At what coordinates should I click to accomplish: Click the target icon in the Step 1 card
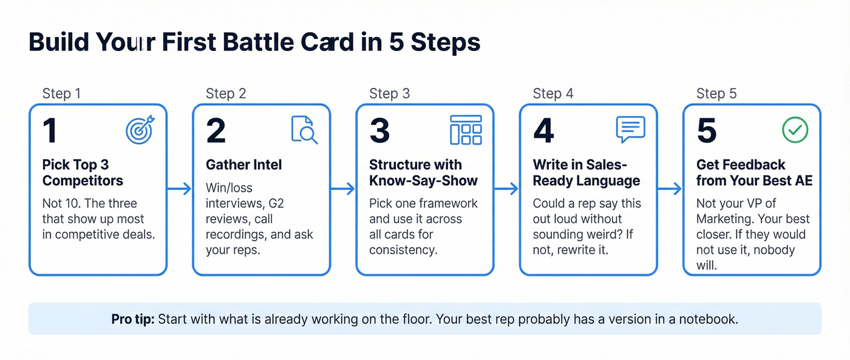(140, 131)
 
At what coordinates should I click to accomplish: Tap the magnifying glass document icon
(304, 130)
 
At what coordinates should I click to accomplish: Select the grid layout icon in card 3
(466, 130)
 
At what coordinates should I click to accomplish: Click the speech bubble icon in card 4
(630, 129)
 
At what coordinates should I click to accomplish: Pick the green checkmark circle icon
(794, 130)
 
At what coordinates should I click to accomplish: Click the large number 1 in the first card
(50, 131)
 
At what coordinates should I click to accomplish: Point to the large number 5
(707, 131)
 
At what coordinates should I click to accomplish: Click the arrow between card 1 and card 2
(180, 189)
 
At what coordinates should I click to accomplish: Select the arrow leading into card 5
(670, 189)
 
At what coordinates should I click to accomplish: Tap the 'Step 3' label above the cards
(389, 93)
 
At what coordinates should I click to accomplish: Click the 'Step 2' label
(226, 93)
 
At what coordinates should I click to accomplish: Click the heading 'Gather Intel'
(243, 165)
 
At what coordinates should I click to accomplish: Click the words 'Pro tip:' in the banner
(133, 319)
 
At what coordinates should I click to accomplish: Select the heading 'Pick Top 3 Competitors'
(83, 172)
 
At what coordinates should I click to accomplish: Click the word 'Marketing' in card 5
(726, 219)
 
